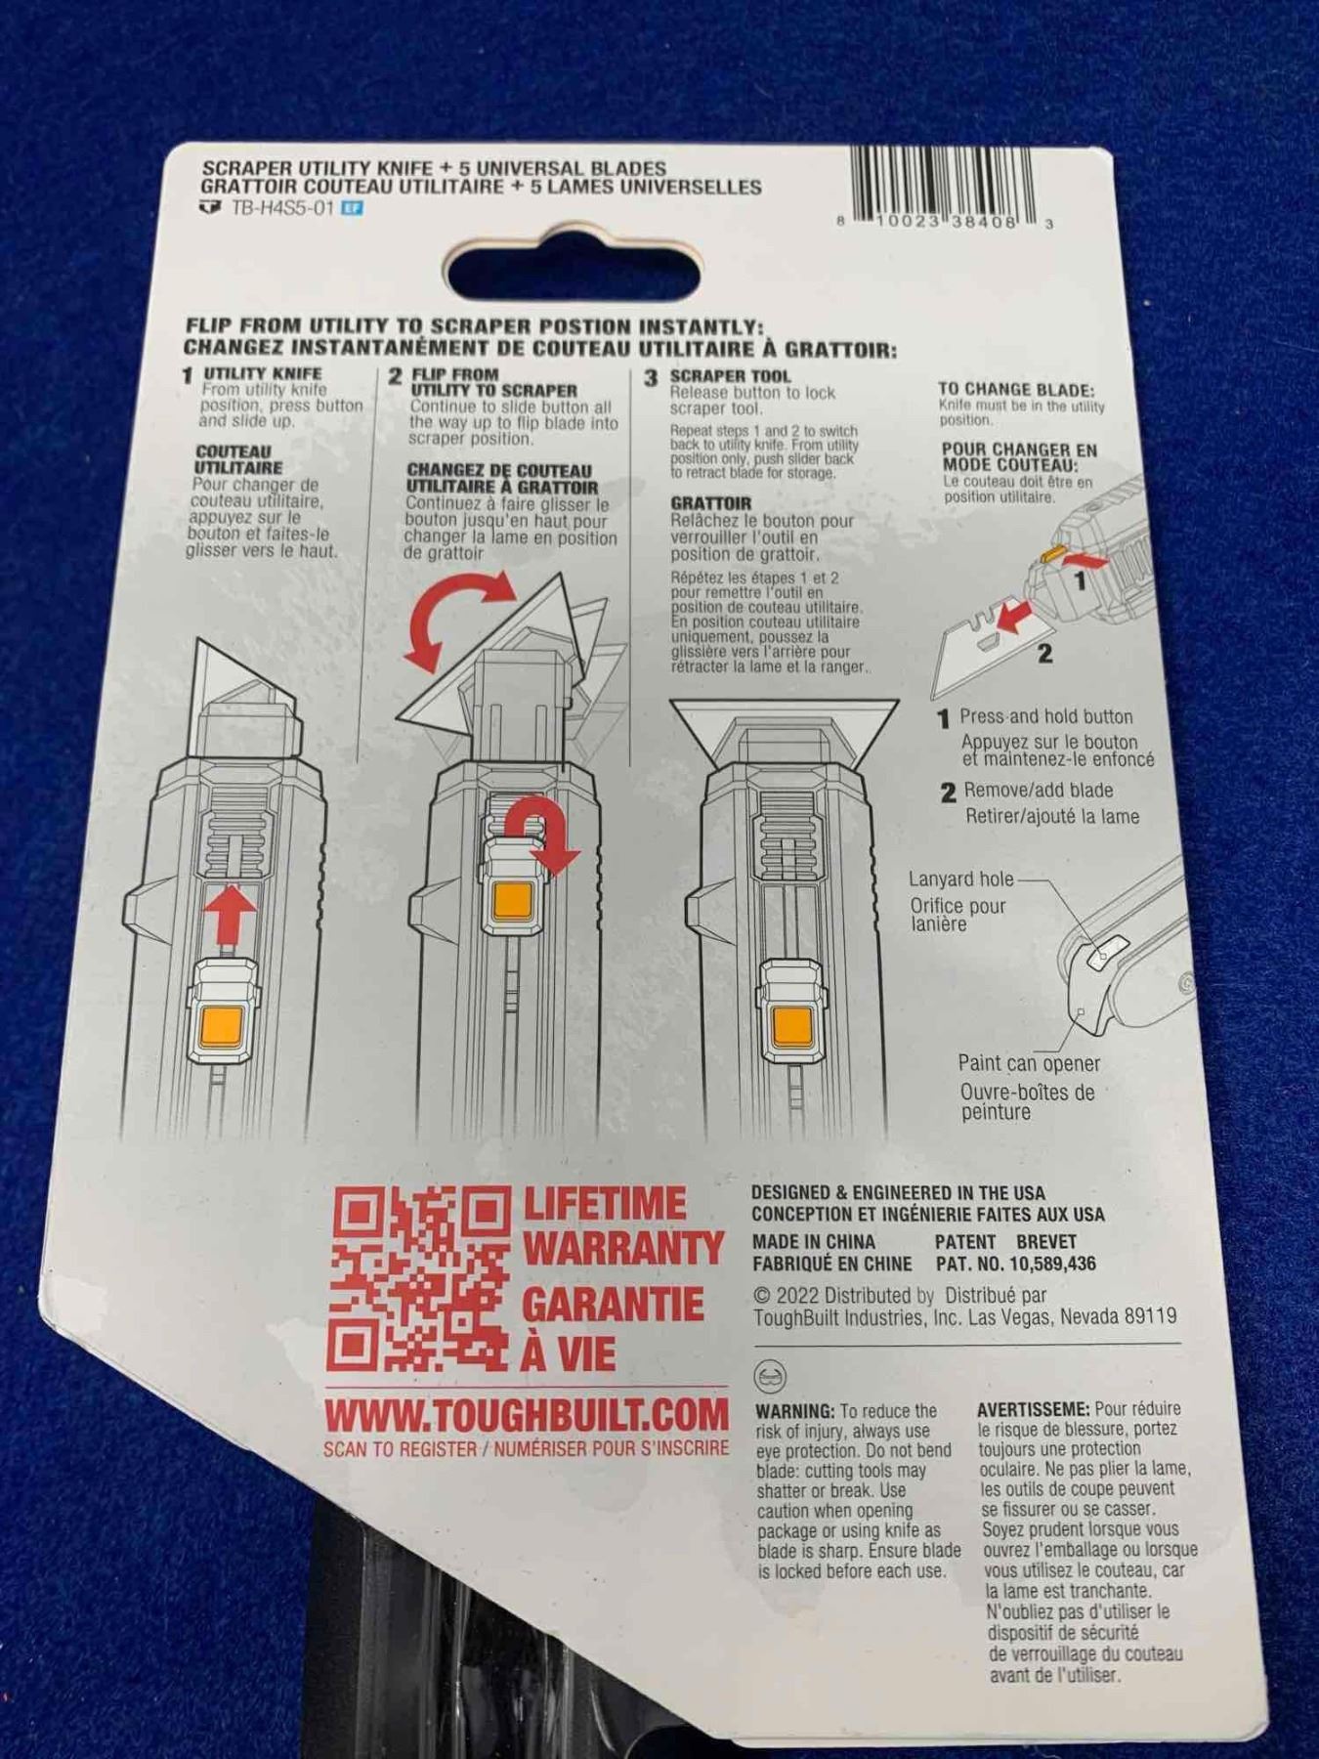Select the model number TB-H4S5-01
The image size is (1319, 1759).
click(282, 208)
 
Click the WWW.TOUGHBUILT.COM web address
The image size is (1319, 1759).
click(527, 1415)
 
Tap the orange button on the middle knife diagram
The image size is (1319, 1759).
click(513, 899)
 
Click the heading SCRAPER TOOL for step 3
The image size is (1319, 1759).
click(730, 376)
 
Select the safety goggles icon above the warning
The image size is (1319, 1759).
click(771, 1377)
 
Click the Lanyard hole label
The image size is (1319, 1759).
click(961, 879)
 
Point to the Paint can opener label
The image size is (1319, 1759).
click(1029, 1063)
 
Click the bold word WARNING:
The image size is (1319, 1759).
click(794, 1411)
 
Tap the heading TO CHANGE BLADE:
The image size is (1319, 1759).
click(1016, 389)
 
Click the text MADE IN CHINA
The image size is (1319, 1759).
click(814, 1242)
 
